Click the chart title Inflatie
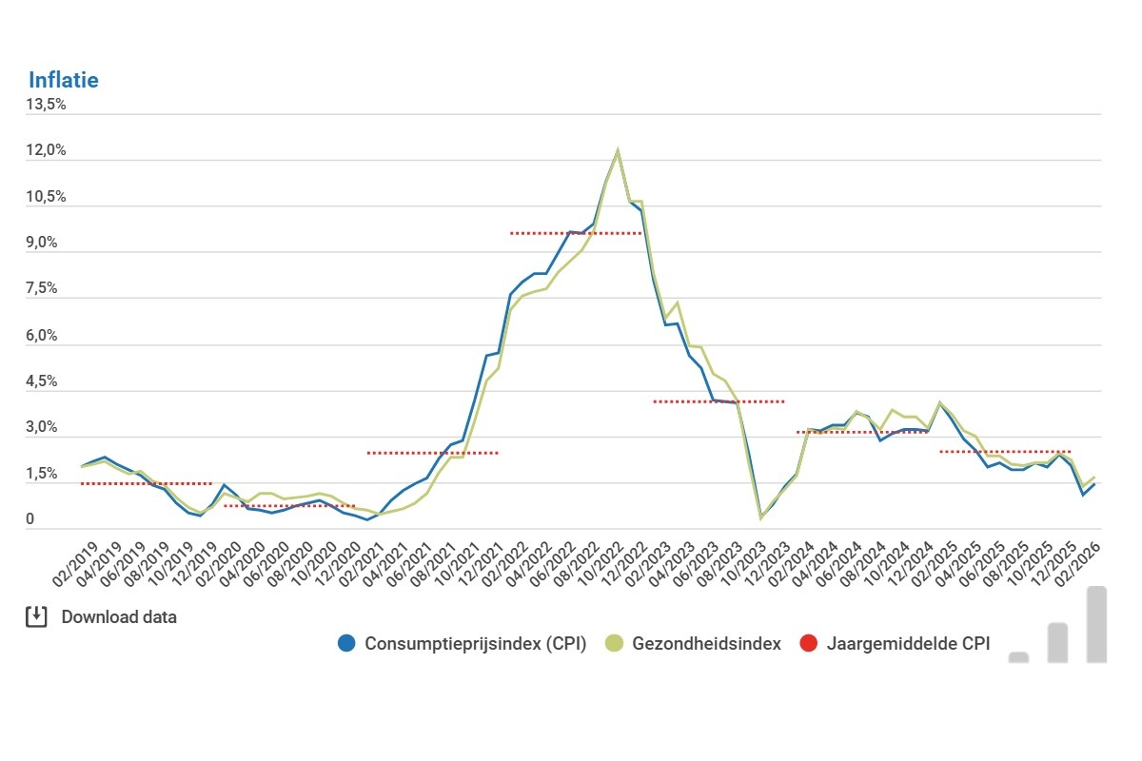(63, 80)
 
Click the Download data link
(119, 616)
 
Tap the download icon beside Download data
(35, 616)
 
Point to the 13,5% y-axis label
(46, 105)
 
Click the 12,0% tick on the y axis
(46, 150)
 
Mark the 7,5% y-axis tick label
(46, 289)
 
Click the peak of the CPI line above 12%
(618, 150)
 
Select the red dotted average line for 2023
(719, 401)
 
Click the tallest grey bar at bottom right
(1095, 623)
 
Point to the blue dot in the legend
(346, 643)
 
